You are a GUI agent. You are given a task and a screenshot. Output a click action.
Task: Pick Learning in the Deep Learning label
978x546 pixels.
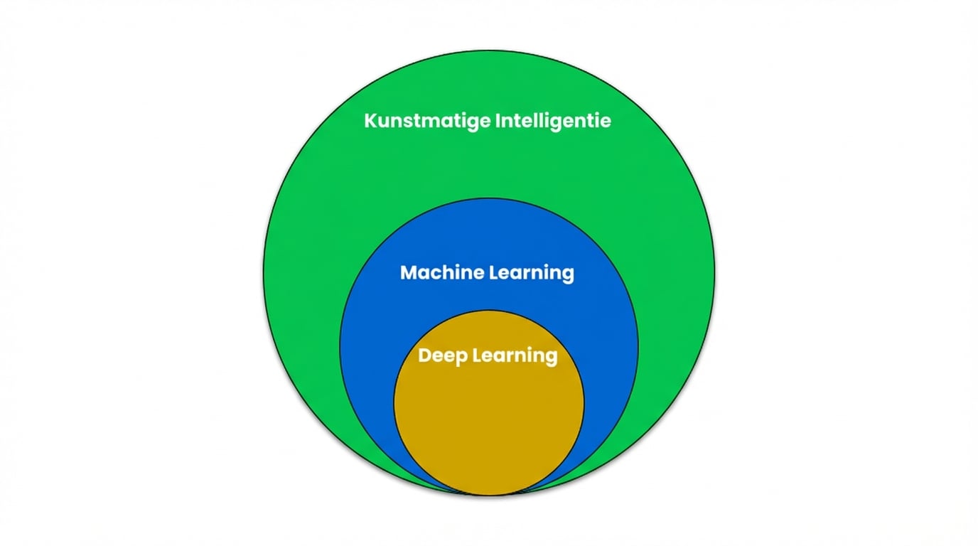(x=515, y=355)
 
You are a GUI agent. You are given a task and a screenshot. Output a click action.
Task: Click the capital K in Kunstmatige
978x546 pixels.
(x=370, y=120)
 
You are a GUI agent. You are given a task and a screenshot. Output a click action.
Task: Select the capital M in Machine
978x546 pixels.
(x=408, y=272)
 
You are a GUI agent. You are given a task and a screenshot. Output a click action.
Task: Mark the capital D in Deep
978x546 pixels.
(x=424, y=355)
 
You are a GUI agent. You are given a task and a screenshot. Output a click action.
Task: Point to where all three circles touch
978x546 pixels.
(x=489, y=495)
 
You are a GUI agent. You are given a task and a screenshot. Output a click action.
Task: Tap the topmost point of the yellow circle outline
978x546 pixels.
(x=489, y=310)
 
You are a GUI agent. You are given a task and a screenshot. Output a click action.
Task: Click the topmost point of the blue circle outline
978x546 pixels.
(x=489, y=198)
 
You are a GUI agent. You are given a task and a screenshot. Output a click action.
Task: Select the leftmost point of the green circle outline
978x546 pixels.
(x=263, y=274)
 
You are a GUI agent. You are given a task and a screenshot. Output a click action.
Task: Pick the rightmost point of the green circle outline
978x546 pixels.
(x=714, y=274)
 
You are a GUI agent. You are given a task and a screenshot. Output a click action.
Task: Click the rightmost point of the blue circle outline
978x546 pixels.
(x=638, y=347)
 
